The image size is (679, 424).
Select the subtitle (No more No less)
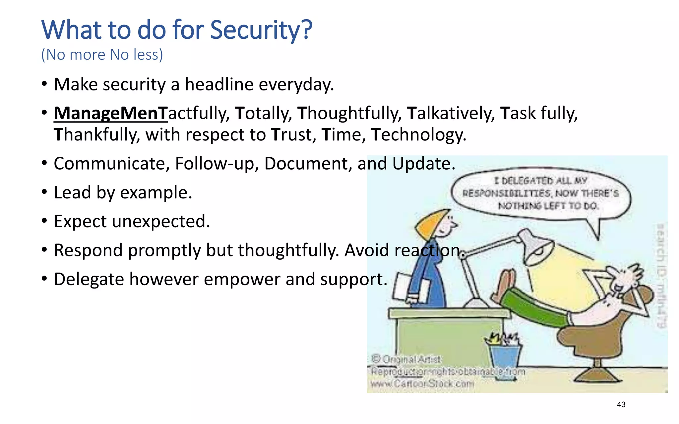[x=102, y=55]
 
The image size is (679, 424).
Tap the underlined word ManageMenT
[x=111, y=113]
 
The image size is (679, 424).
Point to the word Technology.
[x=418, y=135]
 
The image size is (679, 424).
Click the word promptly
[x=164, y=250]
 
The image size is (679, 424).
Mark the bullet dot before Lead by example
[x=44, y=192]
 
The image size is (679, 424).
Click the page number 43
[x=621, y=404]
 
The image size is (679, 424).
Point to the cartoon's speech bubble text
[x=541, y=193]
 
